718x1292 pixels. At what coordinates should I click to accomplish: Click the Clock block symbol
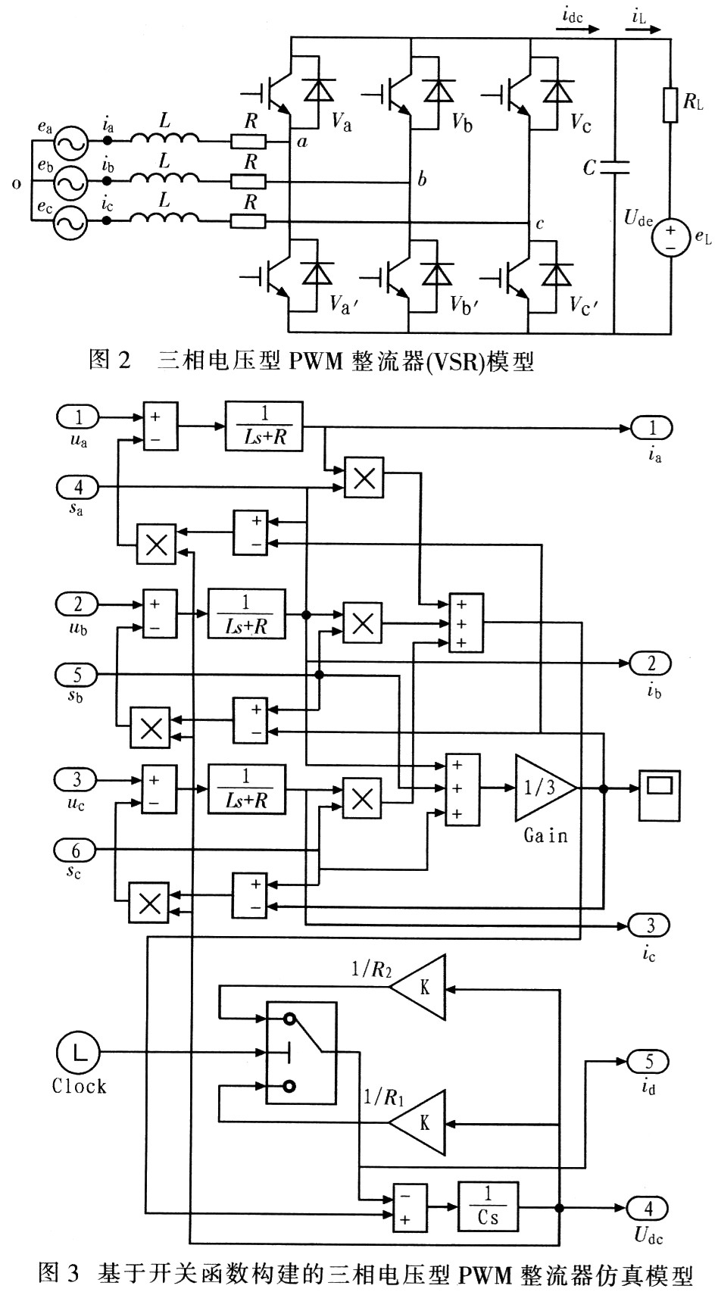click(78, 1053)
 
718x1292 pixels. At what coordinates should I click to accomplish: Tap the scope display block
click(659, 795)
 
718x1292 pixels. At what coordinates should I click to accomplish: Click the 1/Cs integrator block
click(488, 1206)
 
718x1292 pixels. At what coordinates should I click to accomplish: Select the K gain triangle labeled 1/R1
click(418, 1122)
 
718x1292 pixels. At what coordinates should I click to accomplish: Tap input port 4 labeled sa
click(77, 488)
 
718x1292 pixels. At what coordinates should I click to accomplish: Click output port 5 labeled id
click(649, 1061)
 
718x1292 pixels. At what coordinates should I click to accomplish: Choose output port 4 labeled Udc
click(649, 1208)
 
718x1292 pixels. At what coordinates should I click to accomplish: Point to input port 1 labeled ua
click(78, 416)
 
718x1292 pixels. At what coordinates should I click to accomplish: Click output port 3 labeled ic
click(650, 925)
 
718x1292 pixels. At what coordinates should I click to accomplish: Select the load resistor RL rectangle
click(670, 105)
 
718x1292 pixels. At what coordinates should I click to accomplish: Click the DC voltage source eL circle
click(671, 236)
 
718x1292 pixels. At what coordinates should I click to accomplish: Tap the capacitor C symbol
click(615, 168)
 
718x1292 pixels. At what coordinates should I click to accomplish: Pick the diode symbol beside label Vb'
click(436, 273)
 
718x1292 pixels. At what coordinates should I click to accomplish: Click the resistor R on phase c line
click(248, 221)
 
